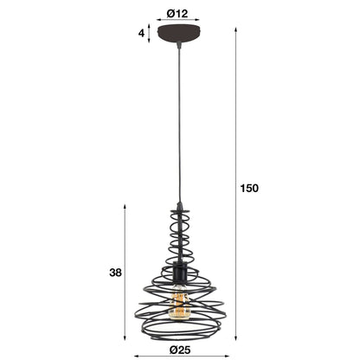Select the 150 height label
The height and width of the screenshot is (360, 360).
[249, 188]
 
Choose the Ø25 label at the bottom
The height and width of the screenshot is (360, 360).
[179, 350]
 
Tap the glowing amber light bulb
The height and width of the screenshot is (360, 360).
[179, 304]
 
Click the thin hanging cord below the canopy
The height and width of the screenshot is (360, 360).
[179, 130]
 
